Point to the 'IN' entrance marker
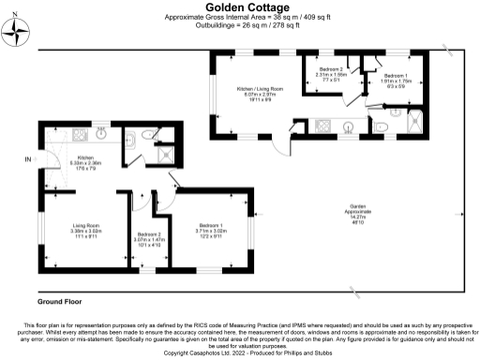pyautogui.click(x=27, y=160)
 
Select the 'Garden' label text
pyautogui.click(x=357, y=209)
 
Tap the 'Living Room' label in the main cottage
pyautogui.click(x=86, y=225)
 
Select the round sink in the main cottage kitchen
pyautogui.click(x=100, y=134)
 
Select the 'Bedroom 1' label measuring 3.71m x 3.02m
pyautogui.click(x=209, y=225)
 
